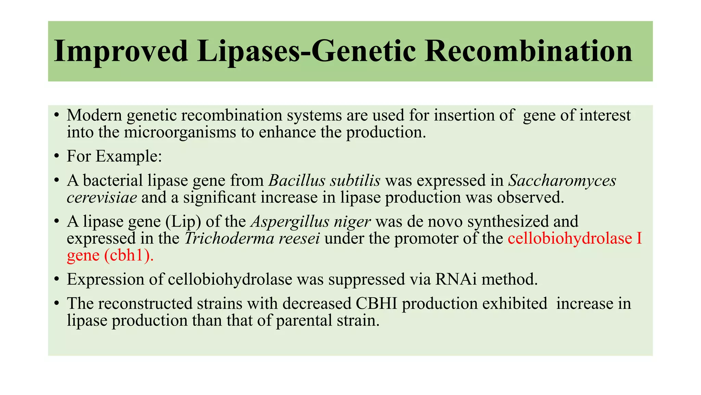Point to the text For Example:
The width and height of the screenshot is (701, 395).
pyautogui.click(x=114, y=156)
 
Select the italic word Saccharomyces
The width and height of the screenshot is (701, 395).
pyautogui.click(x=562, y=180)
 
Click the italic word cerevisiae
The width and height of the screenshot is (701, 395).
pyautogui.click(x=102, y=197)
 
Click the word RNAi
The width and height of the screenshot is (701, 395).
pyautogui.click(x=456, y=279)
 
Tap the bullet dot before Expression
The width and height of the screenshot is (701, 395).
pyautogui.click(x=57, y=280)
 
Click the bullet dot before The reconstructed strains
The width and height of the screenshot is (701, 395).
pyautogui.click(x=57, y=304)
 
